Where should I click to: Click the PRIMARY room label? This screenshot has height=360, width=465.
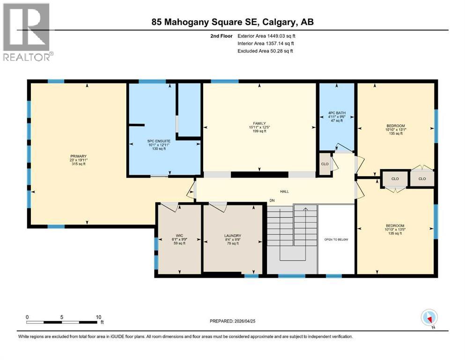[x=79, y=156]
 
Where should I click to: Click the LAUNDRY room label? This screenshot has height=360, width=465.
[x=232, y=235]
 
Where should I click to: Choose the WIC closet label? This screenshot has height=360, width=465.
[x=179, y=235]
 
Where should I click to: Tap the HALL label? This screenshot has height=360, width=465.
[x=285, y=191]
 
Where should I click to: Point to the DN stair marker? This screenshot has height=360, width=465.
[x=271, y=202]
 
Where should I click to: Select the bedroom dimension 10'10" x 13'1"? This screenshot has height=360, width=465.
[x=395, y=130]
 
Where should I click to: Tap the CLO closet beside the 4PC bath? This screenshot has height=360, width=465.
[x=325, y=165]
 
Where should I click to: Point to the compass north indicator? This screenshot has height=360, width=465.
[x=429, y=318]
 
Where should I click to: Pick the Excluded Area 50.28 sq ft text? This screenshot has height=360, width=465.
[x=265, y=51]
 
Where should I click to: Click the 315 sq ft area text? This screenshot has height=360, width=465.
[x=79, y=164]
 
